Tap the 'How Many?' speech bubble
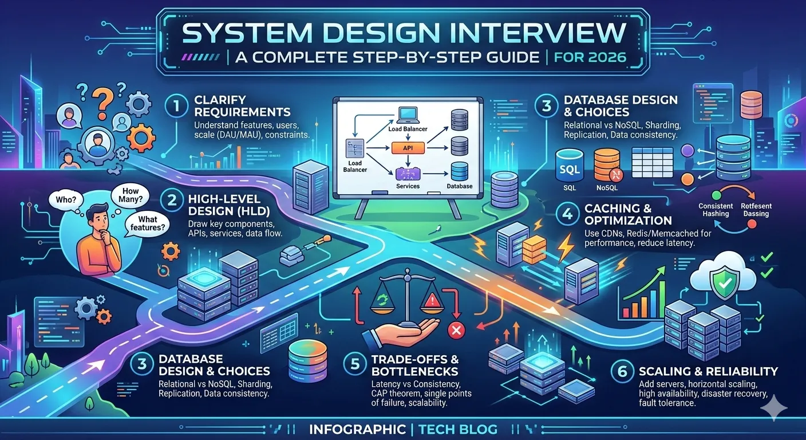pos(127,194)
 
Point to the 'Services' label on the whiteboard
pos(408,186)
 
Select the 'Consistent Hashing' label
pos(716,210)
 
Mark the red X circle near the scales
pos(456,330)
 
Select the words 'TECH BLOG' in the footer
pos(457,429)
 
